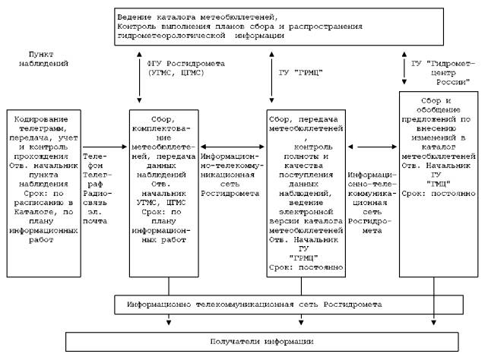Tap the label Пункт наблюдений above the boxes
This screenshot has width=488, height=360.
point(40,61)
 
